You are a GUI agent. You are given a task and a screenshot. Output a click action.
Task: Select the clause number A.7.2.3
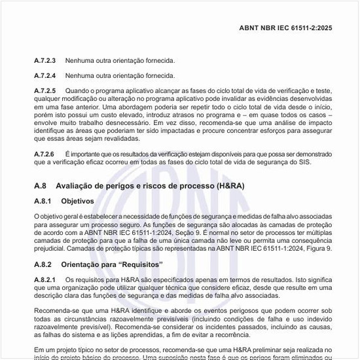(x=45, y=60)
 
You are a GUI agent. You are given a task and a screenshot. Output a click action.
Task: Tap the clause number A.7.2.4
(x=45, y=75)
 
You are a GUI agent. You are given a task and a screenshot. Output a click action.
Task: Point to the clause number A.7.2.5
(x=45, y=90)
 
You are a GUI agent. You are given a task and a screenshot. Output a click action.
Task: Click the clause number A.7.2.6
(x=45, y=153)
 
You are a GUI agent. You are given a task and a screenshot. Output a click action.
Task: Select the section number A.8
(x=41, y=186)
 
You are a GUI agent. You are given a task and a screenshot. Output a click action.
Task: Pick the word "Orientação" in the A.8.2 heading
(x=81, y=264)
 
